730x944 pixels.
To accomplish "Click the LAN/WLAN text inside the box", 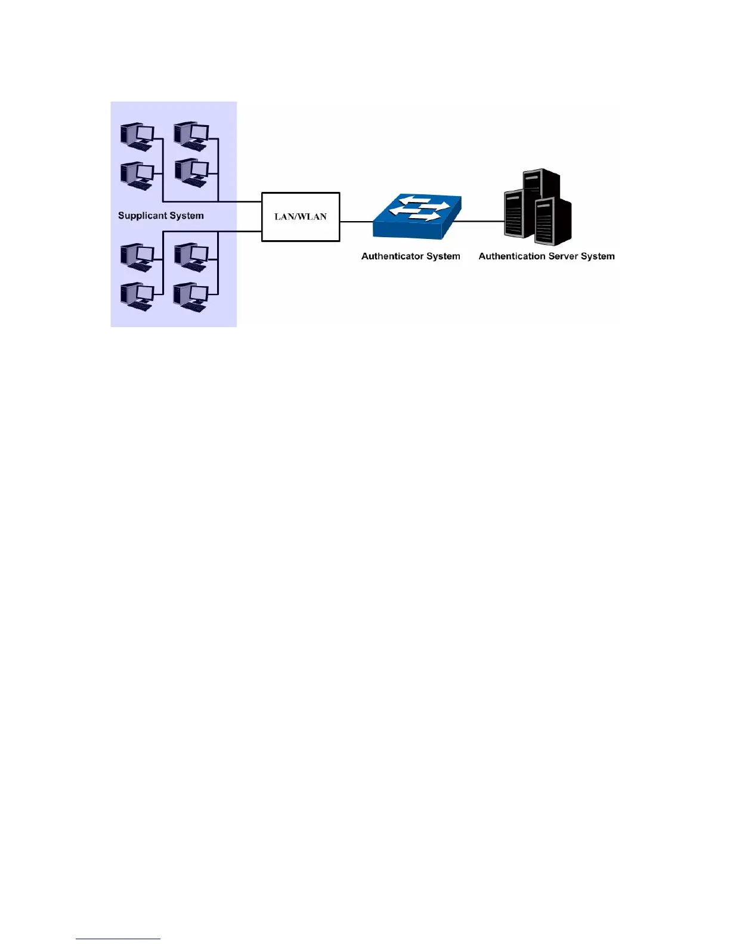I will click(x=301, y=217).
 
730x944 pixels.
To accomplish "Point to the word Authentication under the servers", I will click(x=512, y=256).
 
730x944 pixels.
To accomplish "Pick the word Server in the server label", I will click(x=563, y=256).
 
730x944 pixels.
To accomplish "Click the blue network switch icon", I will click(x=417, y=218).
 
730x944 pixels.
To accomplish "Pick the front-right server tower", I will click(x=553, y=222).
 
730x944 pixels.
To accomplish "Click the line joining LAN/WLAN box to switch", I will click(x=356, y=222).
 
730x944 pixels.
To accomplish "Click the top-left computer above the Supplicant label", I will click(x=137, y=136).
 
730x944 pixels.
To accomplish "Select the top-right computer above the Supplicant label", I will click(x=191, y=136).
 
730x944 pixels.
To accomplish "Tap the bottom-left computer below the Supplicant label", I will click(x=137, y=296).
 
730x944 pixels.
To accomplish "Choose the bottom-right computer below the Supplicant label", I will click(x=190, y=296).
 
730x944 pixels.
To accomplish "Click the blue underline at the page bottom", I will click(x=118, y=939).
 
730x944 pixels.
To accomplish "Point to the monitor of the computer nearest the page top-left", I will click(x=144, y=133).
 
